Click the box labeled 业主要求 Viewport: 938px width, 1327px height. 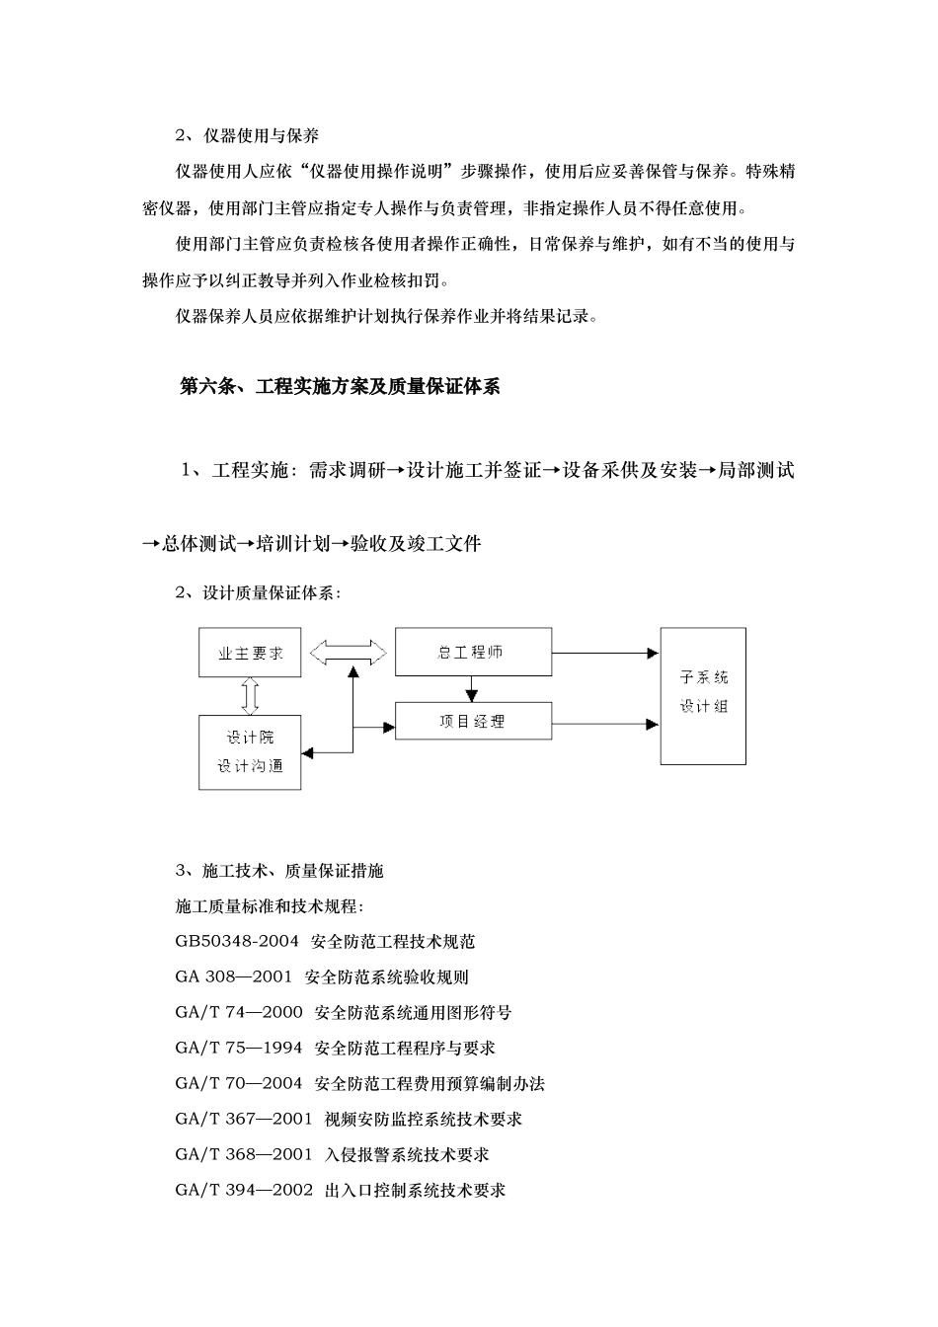[x=250, y=653]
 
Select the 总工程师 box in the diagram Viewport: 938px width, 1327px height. [x=473, y=652]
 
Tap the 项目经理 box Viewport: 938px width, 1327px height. [x=473, y=721]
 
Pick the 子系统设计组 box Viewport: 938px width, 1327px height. [x=703, y=695]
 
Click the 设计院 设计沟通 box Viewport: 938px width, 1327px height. [x=250, y=752]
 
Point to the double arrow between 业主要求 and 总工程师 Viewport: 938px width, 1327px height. [x=348, y=652]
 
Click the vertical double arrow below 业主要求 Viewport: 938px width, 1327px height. [x=250, y=695]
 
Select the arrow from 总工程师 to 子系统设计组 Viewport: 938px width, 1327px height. [x=605, y=653]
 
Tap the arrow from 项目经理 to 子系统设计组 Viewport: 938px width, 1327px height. [x=605, y=724]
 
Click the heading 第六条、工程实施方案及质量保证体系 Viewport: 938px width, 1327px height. [x=341, y=387]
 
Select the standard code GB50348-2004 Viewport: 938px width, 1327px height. [x=237, y=942]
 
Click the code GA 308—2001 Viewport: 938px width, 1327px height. [x=234, y=977]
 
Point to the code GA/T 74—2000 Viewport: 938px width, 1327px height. [x=239, y=1013]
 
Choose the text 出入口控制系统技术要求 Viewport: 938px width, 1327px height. [x=415, y=1190]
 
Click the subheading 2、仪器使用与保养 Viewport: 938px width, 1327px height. [x=247, y=135]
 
